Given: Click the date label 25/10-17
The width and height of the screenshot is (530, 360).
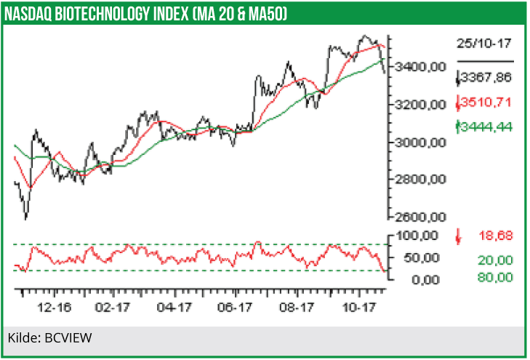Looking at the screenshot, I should coord(484,44).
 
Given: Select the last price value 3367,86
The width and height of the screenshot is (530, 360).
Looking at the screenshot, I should coord(487,78).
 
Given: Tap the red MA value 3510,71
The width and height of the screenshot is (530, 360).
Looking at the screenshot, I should coord(487,102).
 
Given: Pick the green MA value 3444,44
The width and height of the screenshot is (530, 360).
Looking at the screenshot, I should coord(487,127).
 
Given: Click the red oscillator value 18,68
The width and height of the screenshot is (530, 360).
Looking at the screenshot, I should coord(495,236).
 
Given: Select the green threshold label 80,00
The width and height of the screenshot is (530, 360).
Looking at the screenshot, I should coord(495,277).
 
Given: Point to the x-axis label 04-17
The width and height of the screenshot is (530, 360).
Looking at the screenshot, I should coord(174,308).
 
